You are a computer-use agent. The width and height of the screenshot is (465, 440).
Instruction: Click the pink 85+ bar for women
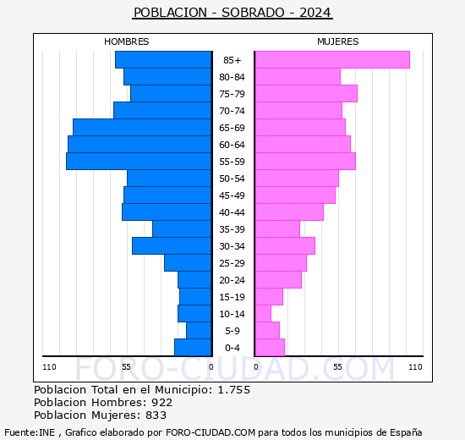(332, 60)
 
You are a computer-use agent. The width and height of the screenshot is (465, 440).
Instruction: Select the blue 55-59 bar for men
(139, 162)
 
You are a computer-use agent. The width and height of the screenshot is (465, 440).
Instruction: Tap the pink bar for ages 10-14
(263, 314)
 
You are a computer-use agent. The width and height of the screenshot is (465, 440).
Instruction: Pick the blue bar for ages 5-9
(199, 331)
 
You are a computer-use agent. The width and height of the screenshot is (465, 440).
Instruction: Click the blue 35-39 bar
(182, 229)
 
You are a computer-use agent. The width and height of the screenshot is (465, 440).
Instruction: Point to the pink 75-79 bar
(306, 94)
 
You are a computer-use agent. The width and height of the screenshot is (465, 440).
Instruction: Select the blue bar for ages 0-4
(193, 348)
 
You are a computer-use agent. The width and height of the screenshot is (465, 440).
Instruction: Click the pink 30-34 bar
(285, 246)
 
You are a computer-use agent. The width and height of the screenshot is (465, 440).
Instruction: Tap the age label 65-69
(232, 128)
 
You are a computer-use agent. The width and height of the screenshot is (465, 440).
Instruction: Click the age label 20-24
(232, 280)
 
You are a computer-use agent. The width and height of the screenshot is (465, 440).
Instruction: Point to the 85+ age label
(232, 60)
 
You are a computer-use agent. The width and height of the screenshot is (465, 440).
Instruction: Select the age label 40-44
(232, 212)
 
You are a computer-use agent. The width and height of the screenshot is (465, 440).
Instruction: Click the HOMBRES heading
(127, 41)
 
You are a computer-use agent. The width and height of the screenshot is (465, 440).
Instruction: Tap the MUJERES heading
(338, 41)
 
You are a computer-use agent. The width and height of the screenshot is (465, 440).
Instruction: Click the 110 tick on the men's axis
(49, 367)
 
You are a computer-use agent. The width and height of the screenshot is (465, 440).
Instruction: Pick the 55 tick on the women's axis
(337, 367)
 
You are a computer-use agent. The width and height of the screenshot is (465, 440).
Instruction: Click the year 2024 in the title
(315, 13)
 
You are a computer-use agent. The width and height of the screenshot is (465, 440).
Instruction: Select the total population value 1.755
(234, 390)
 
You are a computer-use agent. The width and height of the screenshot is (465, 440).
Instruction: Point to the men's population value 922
(162, 403)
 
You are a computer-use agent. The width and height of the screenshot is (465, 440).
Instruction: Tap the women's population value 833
(156, 415)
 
